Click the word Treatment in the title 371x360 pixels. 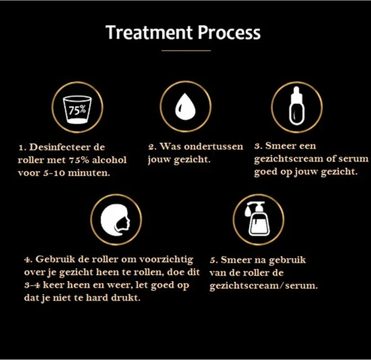(149, 32)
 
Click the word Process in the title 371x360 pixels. (229, 32)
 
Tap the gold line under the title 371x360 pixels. (186, 51)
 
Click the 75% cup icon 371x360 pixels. (77, 109)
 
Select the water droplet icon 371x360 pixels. (185, 106)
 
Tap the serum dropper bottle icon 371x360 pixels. (297, 105)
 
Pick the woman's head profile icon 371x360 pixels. (115, 220)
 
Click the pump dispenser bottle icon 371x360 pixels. (258, 219)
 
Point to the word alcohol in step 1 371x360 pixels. (109, 160)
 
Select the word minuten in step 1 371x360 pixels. (89, 173)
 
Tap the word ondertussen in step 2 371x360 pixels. (214, 147)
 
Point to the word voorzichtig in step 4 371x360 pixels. (166, 260)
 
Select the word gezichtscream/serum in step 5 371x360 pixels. (264, 286)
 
